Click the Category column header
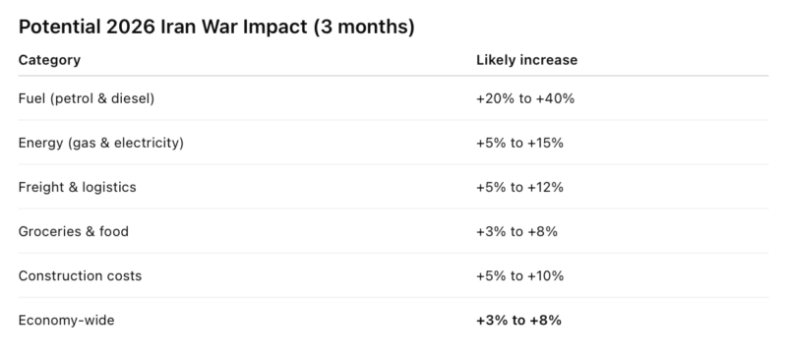[49, 60]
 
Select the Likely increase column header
[526, 60]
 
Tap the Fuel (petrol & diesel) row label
[87, 99]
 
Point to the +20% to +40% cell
[525, 99]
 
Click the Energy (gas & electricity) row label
[101, 144]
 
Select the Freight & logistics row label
[77, 187]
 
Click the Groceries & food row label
[74, 231]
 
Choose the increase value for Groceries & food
[516, 231]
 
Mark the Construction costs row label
[80, 275]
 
